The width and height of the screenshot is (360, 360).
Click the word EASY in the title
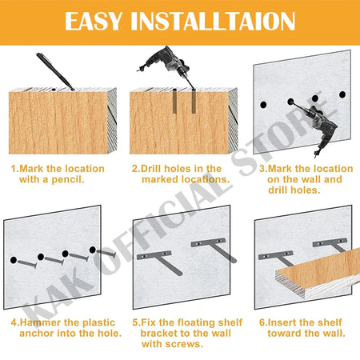tap(94, 21)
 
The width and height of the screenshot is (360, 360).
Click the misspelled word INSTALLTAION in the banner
tap(213, 21)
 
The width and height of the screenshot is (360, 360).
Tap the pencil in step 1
tap(55, 71)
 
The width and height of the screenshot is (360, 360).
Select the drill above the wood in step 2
tap(166, 66)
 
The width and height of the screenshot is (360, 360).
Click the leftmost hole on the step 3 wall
tap(263, 105)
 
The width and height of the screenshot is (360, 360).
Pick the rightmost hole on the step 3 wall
tap(342, 94)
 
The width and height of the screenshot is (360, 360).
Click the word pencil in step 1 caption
tap(67, 180)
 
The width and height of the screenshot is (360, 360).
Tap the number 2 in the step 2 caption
tap(134, 169)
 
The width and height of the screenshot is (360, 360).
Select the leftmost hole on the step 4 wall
tap(14, 260)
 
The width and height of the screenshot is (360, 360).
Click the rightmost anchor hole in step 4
tap(93, 250)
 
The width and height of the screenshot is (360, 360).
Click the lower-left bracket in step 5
tap(160, 261)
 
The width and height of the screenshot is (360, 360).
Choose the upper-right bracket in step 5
tap(214, 249)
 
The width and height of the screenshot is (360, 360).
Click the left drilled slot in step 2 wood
tap(174, 101)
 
